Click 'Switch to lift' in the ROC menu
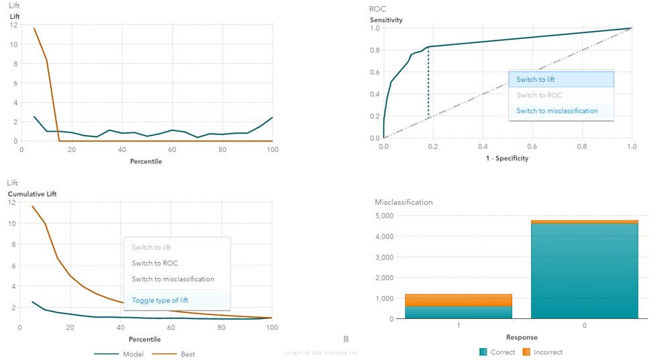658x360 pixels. [x=536, y=79]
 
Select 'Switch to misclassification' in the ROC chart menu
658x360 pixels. [x=557, y=111]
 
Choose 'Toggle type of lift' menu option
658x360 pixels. [x=164, y=300]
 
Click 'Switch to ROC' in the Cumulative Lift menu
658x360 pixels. [x=155, y=263]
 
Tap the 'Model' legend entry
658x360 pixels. [x=133, y=354]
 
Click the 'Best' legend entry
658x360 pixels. [x=188, y=354]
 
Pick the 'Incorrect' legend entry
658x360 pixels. [x=548, y=352]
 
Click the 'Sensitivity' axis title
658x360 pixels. [x=386, y=19]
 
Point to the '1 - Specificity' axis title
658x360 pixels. [x=507, y=159]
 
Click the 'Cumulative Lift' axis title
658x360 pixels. [x=32, y=194]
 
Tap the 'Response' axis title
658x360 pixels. [x=522, y=337]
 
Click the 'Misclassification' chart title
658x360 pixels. [x=404, y=201]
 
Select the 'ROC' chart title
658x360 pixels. [x=377, y=9]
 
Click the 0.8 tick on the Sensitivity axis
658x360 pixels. [x=374, y=50]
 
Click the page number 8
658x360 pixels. [x=346, y=339]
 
